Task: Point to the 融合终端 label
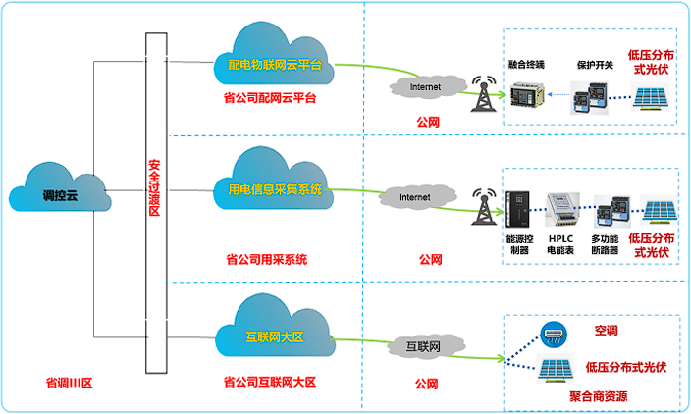(527, 65)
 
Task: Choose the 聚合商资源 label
(598, 396)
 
